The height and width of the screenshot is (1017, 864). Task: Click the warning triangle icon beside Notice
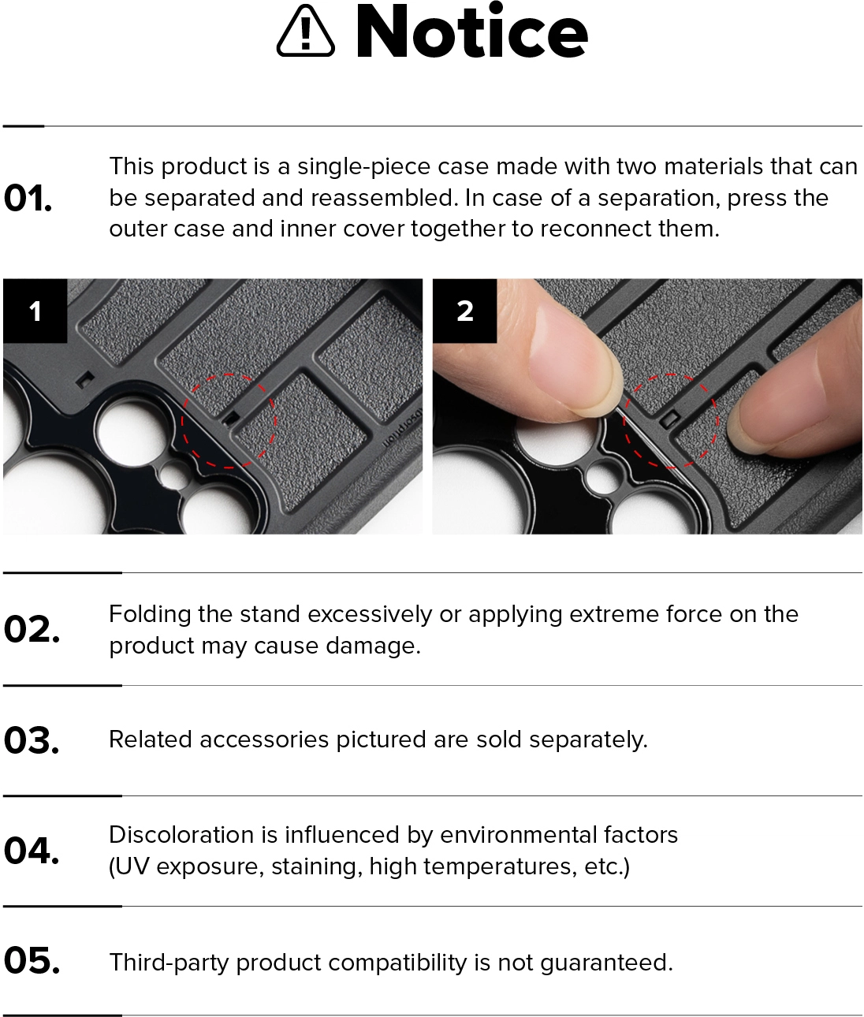point(306,31)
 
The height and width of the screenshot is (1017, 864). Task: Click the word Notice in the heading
point(472,31)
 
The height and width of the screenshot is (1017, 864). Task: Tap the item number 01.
point(28,199)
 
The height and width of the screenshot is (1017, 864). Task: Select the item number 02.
point(32,629)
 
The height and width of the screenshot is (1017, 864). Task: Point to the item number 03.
point(32,740)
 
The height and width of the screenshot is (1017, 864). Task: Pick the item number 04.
point(32,851)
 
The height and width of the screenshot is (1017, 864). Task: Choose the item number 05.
point(32,961)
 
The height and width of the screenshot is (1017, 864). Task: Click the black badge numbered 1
point(35,311)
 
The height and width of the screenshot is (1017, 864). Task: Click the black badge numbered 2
point(464,311)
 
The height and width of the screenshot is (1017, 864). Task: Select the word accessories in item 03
point(264,739)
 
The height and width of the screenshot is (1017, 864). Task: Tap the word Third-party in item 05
point(169,963)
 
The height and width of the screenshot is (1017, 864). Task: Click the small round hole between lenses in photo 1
point(175,475)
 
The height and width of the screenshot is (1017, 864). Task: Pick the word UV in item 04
point(132,867)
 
